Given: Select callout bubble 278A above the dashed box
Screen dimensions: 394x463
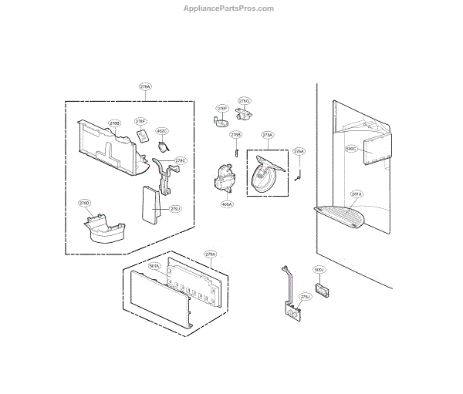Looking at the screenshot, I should point(145,87).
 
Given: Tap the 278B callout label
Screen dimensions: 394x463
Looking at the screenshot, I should point(114,123).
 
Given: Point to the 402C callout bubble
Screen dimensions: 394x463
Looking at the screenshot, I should point(161,131).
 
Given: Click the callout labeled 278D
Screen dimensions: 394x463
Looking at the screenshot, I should point(85,203).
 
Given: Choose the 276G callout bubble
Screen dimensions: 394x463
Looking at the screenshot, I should point(244,101).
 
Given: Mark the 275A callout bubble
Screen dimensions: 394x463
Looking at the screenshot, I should point(268,135).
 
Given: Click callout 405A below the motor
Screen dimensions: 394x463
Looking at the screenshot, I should point(227,204).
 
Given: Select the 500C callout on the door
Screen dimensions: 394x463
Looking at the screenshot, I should point(351,149).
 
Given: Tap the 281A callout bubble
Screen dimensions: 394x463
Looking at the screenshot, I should point(356,194).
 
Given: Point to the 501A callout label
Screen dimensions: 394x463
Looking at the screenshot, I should point(154,266).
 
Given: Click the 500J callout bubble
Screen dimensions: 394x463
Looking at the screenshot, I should point(319,270).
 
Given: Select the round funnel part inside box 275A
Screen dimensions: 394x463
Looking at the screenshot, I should point(267,178).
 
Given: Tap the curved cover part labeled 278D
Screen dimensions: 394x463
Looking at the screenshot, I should point(103,232).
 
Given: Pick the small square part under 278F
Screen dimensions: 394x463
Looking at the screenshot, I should point(143,136).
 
